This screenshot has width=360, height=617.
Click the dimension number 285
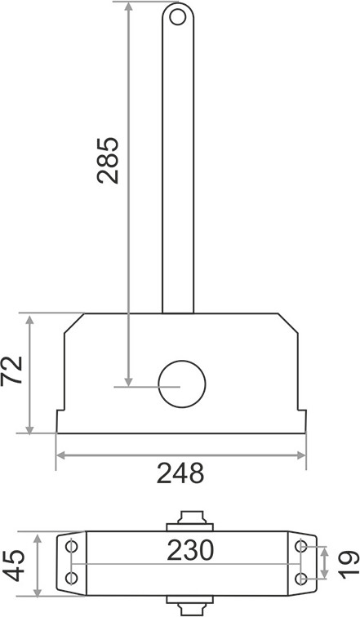click(x=108, y=161)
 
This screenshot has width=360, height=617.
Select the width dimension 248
click(x=180, y=473)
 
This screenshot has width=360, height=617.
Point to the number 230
click(x=190, y=550)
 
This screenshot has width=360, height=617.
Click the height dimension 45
click(x=16, y=566)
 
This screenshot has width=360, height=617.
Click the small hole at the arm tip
click(x=177, y=17)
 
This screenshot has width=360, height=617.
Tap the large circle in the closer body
click(x=182, y=384)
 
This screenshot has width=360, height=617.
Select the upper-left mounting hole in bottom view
click(x=71, y=547)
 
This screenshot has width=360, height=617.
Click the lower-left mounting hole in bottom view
click(x=71, y=578)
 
